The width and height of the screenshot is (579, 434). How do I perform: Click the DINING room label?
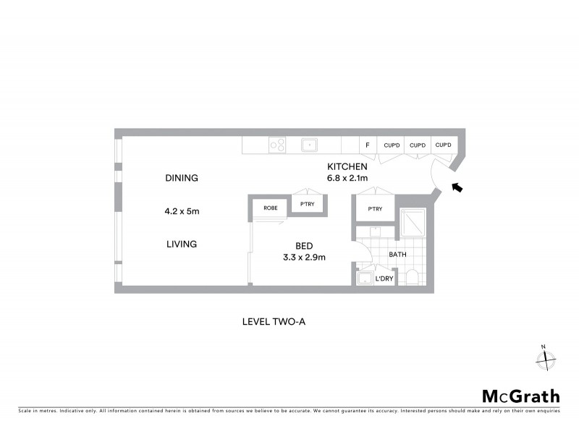181,178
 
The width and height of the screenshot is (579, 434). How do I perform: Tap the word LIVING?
181,244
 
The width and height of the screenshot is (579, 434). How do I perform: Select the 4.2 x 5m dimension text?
181,212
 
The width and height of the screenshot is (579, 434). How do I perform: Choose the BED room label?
303,245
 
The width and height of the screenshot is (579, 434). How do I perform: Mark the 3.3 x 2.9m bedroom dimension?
303,257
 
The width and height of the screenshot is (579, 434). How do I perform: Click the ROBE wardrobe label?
270,208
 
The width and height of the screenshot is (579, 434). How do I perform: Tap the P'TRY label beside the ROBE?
307,207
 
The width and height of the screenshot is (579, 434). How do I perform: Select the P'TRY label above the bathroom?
374,210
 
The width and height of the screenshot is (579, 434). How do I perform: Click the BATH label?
397,255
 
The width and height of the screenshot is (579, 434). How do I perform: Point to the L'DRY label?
384,278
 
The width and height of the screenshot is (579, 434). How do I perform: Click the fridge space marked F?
368,145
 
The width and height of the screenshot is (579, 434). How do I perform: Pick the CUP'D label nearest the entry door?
443,145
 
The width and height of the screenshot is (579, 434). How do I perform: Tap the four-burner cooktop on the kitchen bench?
277,145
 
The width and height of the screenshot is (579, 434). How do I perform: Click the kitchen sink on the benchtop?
310,145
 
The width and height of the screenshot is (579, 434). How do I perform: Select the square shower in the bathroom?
412,223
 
